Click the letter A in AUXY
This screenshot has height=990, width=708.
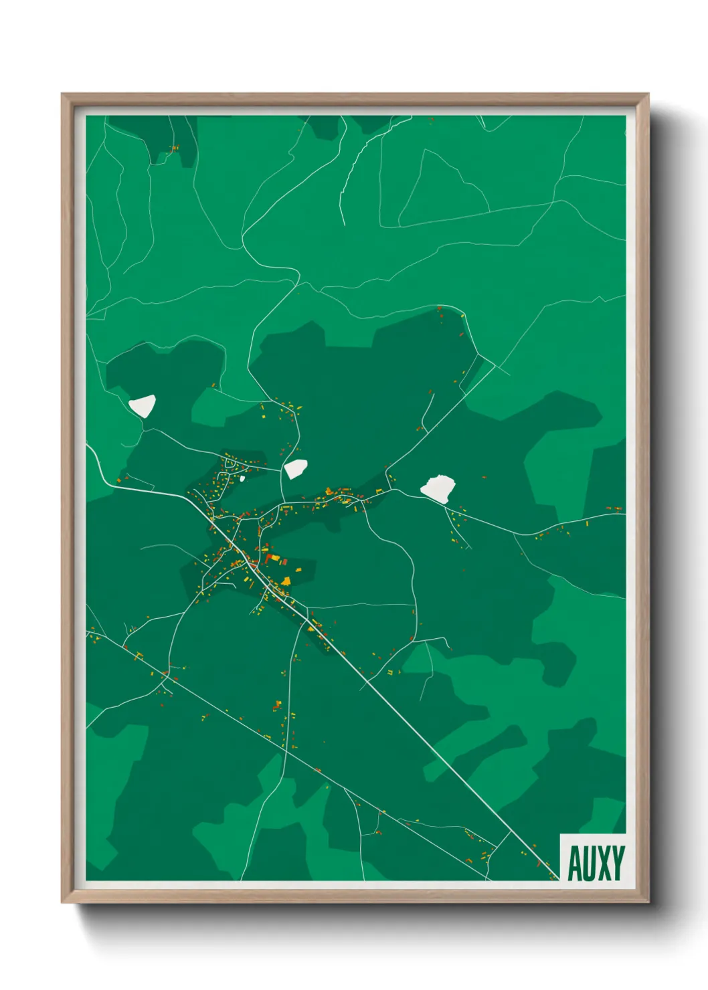(x=574, y=864)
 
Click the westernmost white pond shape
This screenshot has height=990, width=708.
(x=143, y=405)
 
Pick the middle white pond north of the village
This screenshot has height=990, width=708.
(x=295, y=468)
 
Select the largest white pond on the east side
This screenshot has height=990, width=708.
(x=438, y=488)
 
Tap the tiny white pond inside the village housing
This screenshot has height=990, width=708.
(x=242, y=478)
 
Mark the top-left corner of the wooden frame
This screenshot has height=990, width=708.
(x=62, y=95)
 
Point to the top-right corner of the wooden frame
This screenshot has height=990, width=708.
(x=648, y=95)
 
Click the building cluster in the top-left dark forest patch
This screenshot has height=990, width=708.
(x=175, y=148)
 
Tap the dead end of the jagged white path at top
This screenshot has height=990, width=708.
(x=343, y=225)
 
